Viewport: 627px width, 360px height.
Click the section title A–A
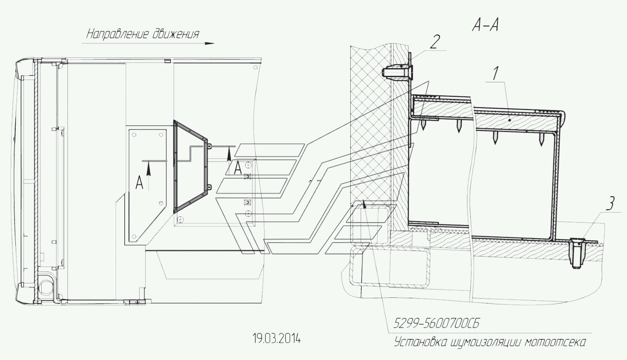tap(486, 26)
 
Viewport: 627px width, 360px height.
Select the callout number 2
tap(435, 42)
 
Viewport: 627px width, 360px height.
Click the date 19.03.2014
tap(277, 339)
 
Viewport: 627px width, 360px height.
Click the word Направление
tap(118, 35)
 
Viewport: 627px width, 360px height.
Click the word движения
tap(176, 35)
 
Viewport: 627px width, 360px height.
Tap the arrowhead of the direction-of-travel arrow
tap(209, 43)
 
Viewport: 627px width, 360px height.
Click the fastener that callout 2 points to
tap(397, 72)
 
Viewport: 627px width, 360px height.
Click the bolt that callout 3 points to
tap(576, 252)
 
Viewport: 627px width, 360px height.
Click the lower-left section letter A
tap(139, 184)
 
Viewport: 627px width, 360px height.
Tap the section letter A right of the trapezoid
tap(238, 168)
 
